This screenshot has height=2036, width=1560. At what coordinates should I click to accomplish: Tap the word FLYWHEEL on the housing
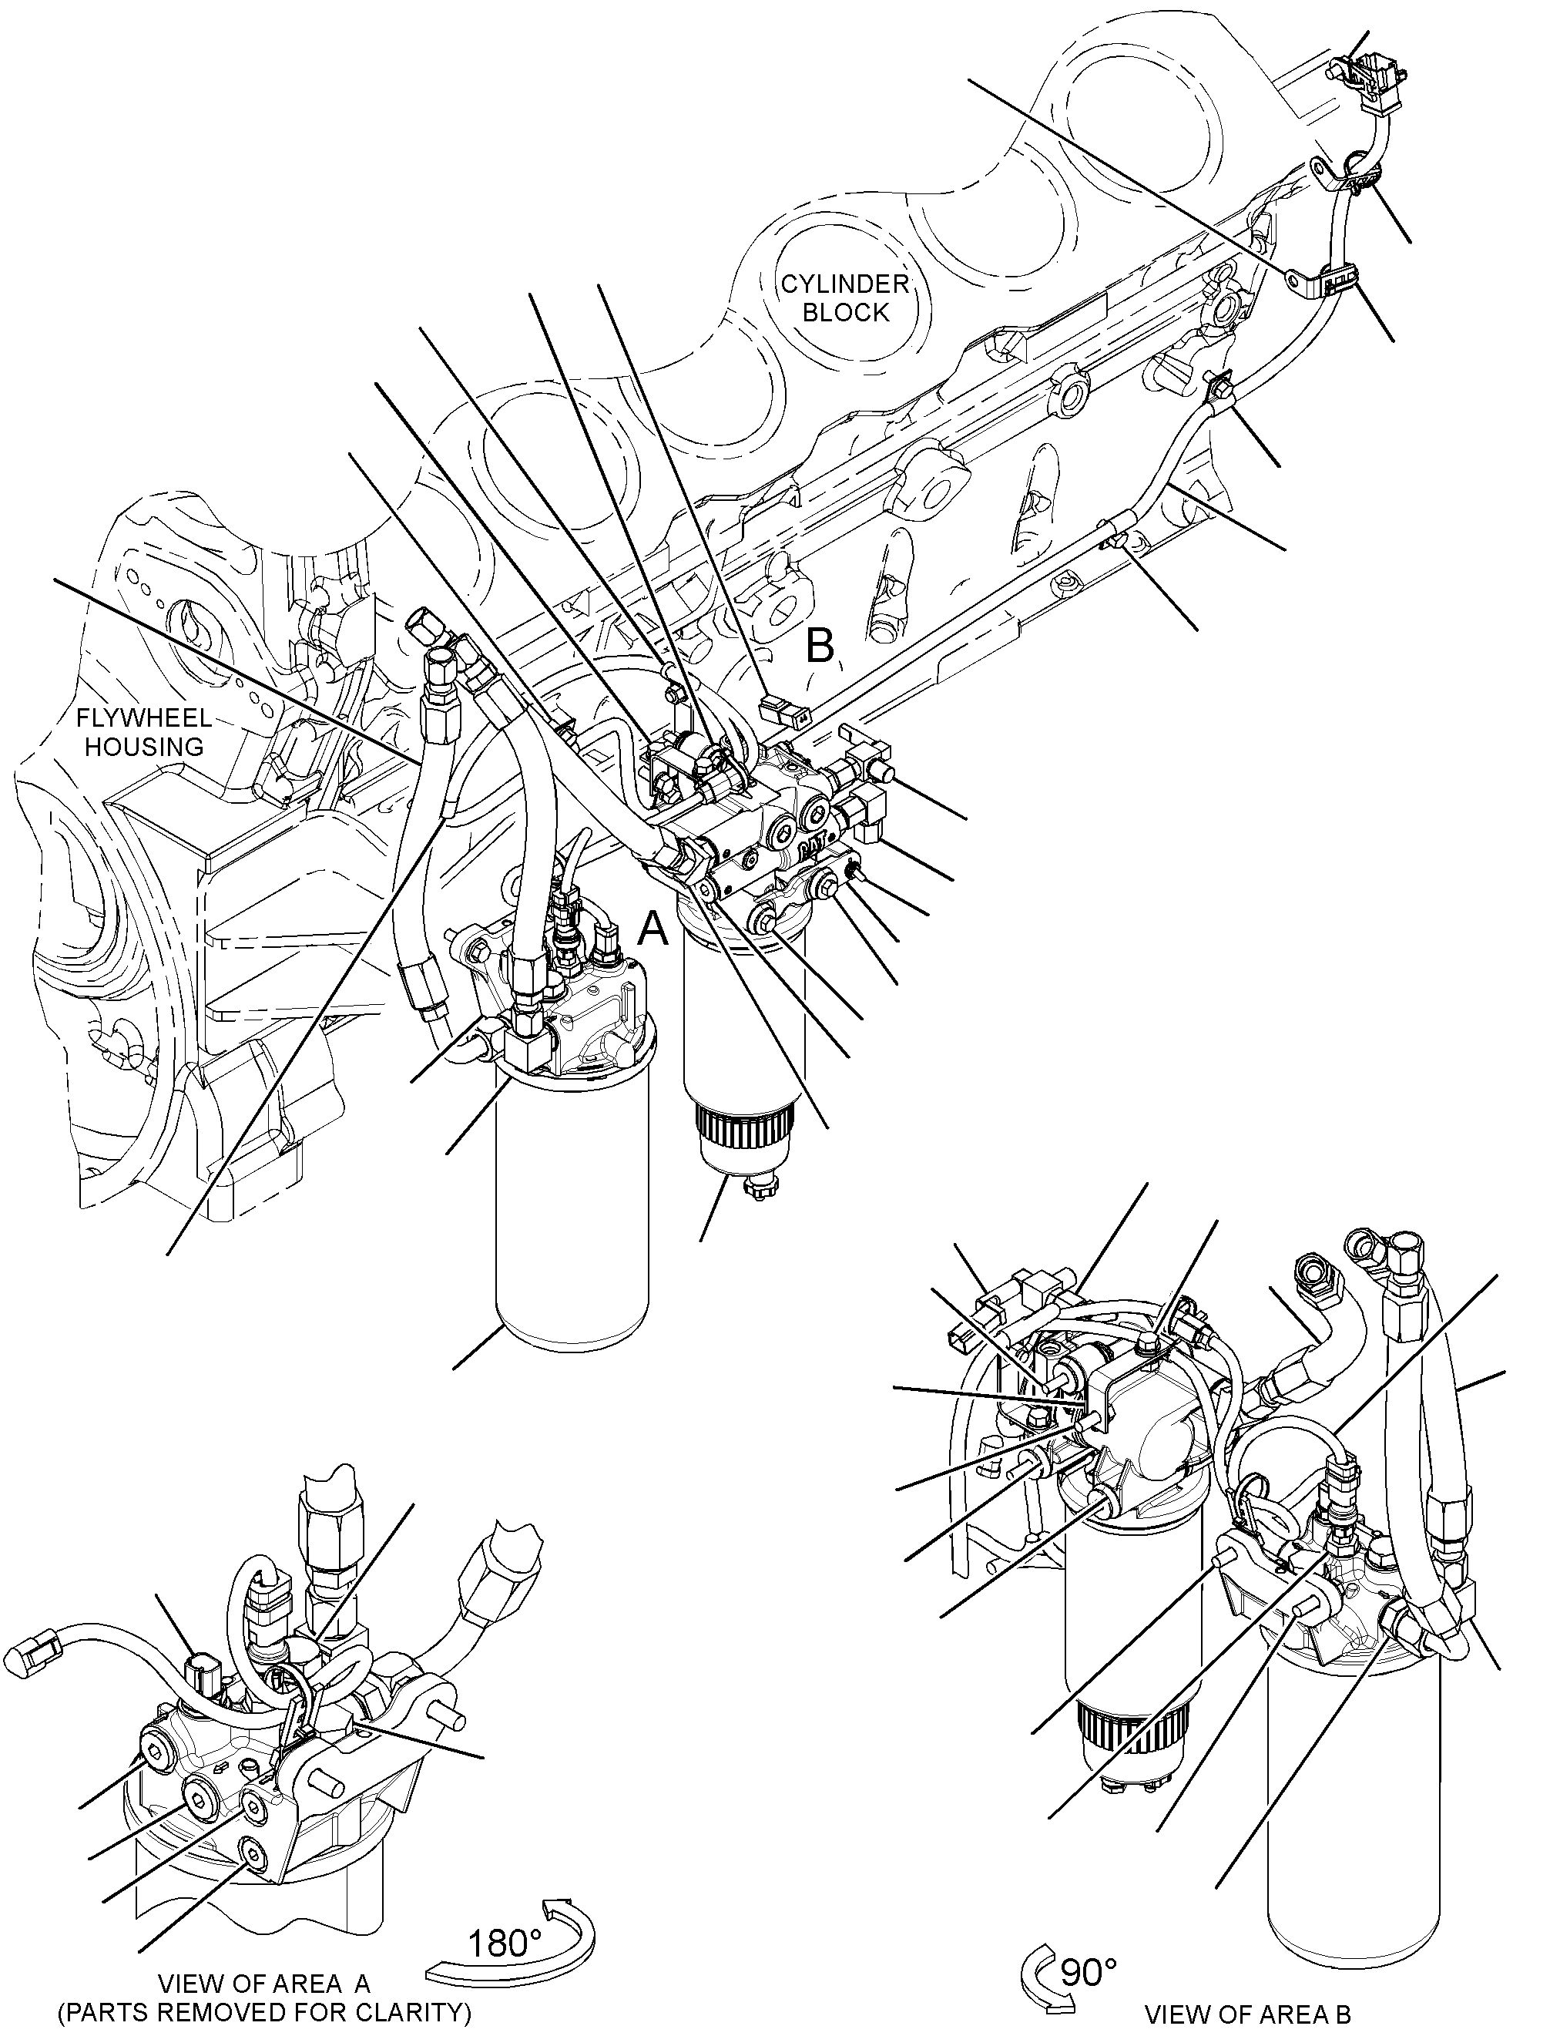(144, 718)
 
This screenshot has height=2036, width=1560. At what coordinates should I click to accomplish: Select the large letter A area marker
(654, 928)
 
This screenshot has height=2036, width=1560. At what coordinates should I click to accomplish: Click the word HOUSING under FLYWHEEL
(144, 747)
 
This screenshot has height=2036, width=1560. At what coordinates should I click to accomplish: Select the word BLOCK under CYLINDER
(846, 312)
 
